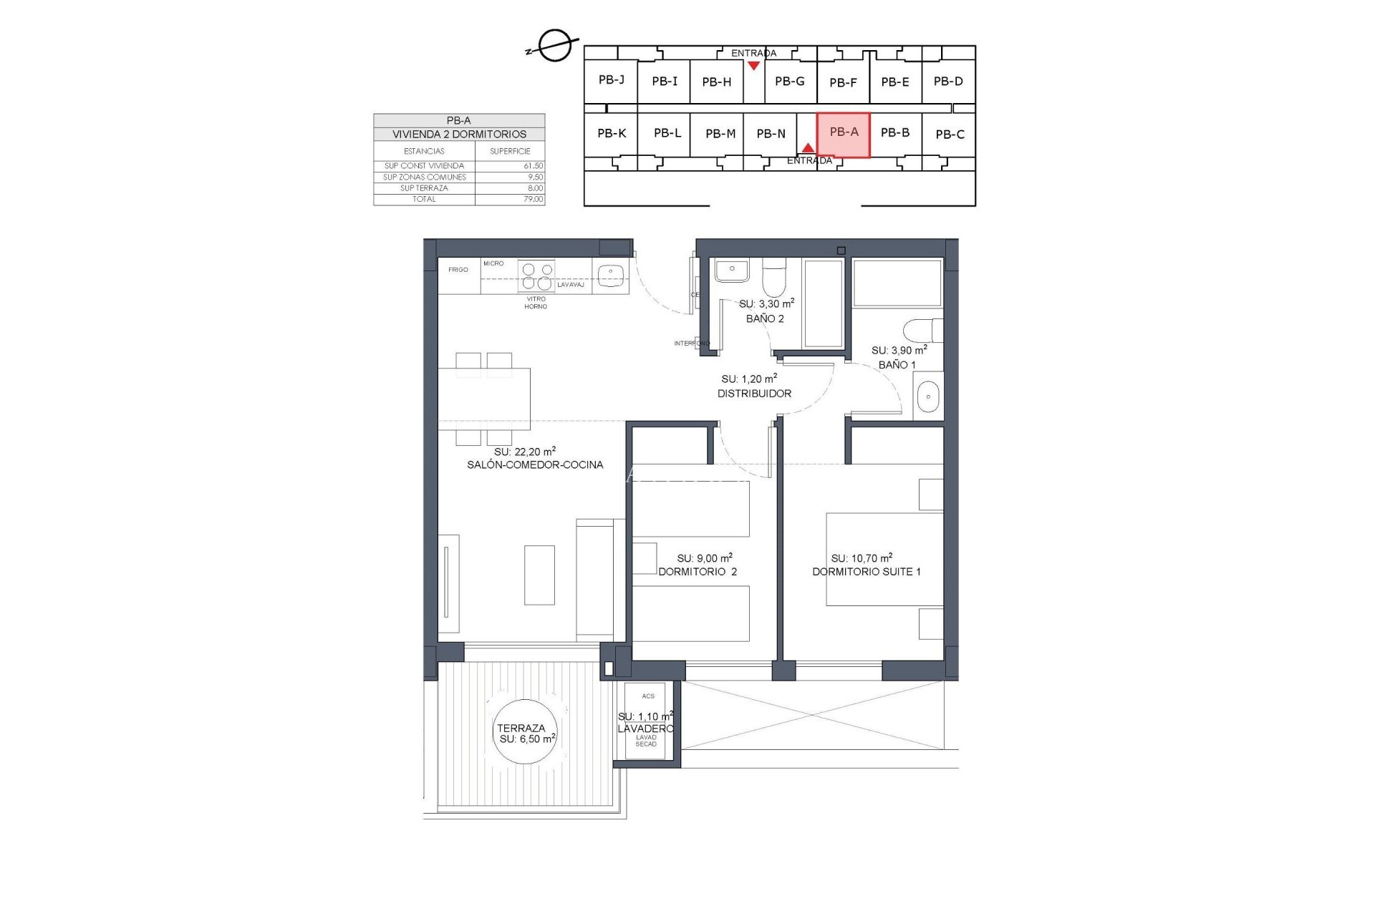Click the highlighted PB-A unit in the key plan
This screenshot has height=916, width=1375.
tap(843, 135)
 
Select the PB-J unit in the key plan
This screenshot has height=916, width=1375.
tap(611, 80)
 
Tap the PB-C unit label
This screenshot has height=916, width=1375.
tap(949, 135)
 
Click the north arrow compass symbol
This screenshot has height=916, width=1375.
tap(554, 47)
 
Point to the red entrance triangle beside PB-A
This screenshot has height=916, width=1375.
tap(808, 148)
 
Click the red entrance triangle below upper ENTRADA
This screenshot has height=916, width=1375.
tap(753, 66)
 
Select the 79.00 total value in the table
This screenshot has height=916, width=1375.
tap(533, 200)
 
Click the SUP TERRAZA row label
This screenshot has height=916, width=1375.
tap(424, 188)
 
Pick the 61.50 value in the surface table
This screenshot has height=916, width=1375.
tap(533, 166)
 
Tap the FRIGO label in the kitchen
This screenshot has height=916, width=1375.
tap(458, 270)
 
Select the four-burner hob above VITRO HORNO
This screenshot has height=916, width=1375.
tap(536, 276)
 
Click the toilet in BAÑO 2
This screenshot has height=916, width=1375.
tap(773, 278)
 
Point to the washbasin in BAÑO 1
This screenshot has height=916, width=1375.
tap(927, 396)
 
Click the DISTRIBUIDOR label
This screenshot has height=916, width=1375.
tap(754, 394)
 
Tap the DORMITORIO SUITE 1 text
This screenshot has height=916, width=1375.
tap(866, 572)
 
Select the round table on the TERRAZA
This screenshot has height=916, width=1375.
tap(526, 732)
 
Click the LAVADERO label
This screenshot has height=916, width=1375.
tap(645, 729)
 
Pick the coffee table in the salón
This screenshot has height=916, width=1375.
tap(539, 575)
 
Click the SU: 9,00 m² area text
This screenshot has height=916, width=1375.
tap(704, 558)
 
